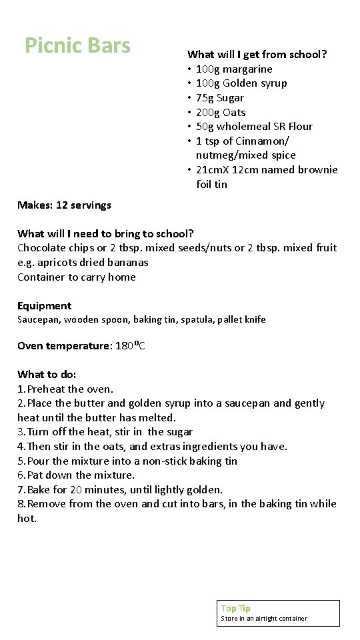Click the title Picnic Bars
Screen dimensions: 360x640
pos(77,45)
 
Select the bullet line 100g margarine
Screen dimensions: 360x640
pos(234,69)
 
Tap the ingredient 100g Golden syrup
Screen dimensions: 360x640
pos(241,83)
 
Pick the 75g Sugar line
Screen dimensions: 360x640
pos(220,98)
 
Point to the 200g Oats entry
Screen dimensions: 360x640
pos(221,112)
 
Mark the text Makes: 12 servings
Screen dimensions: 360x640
pos(64,205)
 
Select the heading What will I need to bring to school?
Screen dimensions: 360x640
pos(105,233)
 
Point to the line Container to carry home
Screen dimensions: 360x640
pos(77,277)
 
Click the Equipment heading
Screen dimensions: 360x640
pos(44,306)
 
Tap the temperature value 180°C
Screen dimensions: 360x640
pos(131,346)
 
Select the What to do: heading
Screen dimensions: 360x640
pos(47,375)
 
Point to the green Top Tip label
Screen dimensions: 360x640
pos(235,608)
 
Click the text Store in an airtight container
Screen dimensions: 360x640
pos(264,619)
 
